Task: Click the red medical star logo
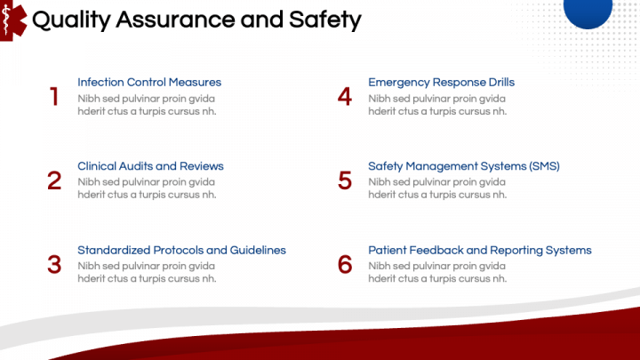coord(11,18)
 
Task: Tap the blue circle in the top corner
coord(588,9)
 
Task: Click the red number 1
coord(54,97)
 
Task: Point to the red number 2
coord(54,180)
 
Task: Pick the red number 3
coord(54,265)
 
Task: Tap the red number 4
coord(345,97)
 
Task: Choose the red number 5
coord(345,180)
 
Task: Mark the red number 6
coord(345,265)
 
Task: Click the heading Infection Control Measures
coord(149,83)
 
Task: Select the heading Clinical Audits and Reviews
coord(150,166)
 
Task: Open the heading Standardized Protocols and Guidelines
coord(181,251)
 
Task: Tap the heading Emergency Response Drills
coord(441,83)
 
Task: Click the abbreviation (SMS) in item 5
coord(541,166)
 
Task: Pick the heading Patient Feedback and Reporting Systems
coord(479,251)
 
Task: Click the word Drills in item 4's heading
coord(500,83)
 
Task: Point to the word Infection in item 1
coord(100,83)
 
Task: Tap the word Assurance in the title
coord(172,20)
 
